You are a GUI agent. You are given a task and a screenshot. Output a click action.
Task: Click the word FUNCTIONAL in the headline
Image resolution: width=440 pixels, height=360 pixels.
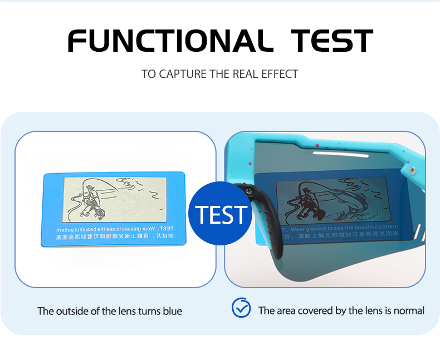[x=167, y=41]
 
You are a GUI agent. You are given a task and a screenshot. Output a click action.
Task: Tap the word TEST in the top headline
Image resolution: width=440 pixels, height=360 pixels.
[x=332, y=41]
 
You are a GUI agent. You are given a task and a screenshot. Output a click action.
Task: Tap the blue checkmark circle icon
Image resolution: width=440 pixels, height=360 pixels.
[x=241, y=308]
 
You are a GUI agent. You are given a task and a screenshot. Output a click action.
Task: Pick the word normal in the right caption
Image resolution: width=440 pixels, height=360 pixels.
[x=409, y=310]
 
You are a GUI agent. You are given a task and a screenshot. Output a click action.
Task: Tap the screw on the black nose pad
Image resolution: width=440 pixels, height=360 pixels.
[x=249, y=193]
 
